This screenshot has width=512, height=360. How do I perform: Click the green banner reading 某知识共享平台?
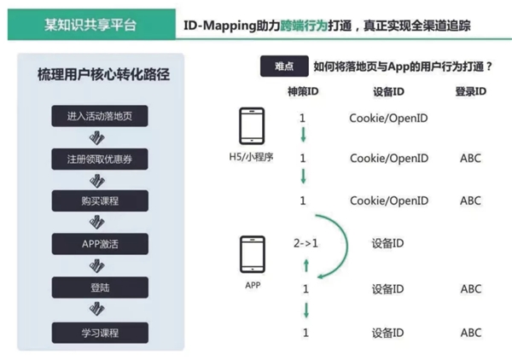(91, 25)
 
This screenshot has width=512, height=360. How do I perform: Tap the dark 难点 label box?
(284, 67)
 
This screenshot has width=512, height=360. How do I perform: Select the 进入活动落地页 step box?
(100, 116)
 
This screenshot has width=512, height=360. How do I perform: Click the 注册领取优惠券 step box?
(100, 159)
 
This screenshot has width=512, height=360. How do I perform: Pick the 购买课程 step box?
(100, 200)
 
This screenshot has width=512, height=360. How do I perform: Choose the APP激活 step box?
(100, 244)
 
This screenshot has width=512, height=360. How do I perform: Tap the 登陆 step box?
(100, 287)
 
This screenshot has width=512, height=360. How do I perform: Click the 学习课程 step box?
(100, 333)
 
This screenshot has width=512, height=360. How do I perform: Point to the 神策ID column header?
(303, 91)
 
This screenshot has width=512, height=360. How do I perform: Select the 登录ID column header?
(470, 91)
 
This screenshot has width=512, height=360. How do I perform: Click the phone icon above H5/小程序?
(252, 126)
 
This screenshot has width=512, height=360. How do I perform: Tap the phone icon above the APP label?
(253, 254)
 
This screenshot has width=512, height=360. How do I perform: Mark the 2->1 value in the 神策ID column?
(305, 243)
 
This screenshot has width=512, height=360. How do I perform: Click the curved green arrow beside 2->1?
(347, 245)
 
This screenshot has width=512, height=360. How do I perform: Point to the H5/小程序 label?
(251, 157)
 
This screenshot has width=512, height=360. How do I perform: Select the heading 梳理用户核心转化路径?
(103, 74)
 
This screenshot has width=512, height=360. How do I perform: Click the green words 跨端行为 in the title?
(304, 25)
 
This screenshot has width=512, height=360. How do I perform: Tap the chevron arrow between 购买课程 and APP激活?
(97, 223)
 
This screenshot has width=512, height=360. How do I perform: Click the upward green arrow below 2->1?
(306, 265)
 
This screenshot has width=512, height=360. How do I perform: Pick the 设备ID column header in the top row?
(388, 91)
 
